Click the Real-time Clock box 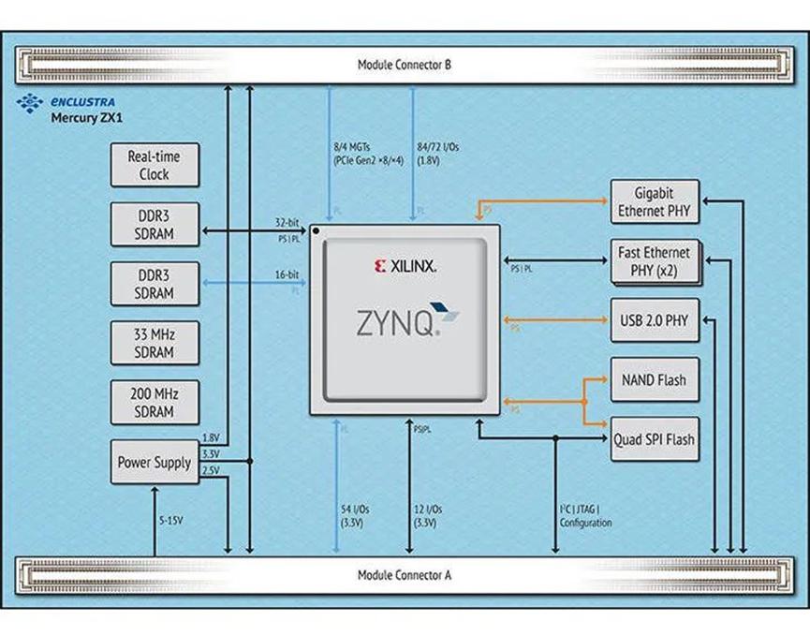click(x=155, y=166)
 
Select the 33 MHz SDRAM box click(x=155, y=344)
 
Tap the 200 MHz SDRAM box click(x=155, y=403)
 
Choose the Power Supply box click(x=155, y=462)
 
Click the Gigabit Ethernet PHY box click(x=654, y=201)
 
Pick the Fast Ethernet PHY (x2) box click(x=654, y=261)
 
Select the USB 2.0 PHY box click(x=654, y=321)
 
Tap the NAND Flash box click(x=654, y=380)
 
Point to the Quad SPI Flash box click(x=655, y=439)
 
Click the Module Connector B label click(x=405, y=65)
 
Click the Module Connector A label click(x=405, y=574)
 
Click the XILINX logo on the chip click(x=405, y=266)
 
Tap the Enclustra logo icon click(x=30, y=101)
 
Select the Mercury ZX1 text click(x=81, y=118)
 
